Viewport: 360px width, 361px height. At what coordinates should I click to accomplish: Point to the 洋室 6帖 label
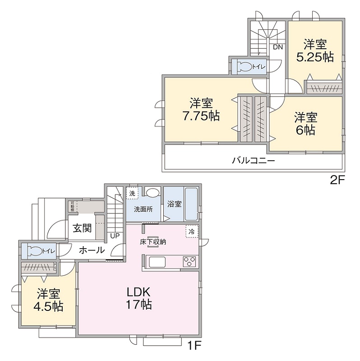pyautogui.click(x=305, y=124)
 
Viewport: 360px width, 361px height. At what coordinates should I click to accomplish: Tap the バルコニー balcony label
pyautogui.click(x=253, y=161)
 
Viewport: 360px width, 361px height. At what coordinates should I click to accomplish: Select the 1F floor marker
pyautogui.click(x=194, y=346)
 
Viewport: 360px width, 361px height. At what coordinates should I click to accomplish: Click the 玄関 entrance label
pyautogui.click(x=82, y=228)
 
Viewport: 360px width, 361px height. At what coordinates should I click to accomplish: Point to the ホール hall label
pyautogui.click(x=92, y=250)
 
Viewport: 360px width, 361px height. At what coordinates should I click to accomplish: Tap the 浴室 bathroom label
pyautogui.click(x=175, y=204)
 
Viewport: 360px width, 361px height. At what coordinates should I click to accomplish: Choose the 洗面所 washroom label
pyautogui.click(x=143, y=209)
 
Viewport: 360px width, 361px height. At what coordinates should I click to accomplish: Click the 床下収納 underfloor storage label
pyautogui.click(x=153, y=242)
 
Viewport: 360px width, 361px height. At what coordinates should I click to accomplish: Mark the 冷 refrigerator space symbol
pyautogui.click(x=192, y=231)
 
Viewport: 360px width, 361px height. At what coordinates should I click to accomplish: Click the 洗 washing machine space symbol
pyautogui.click(x=132, y=193)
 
